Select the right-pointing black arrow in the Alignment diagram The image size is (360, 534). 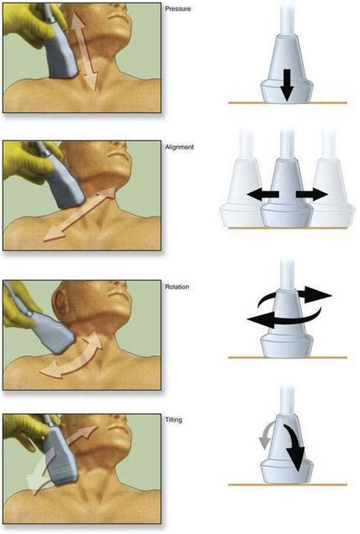tap(311, 194)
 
